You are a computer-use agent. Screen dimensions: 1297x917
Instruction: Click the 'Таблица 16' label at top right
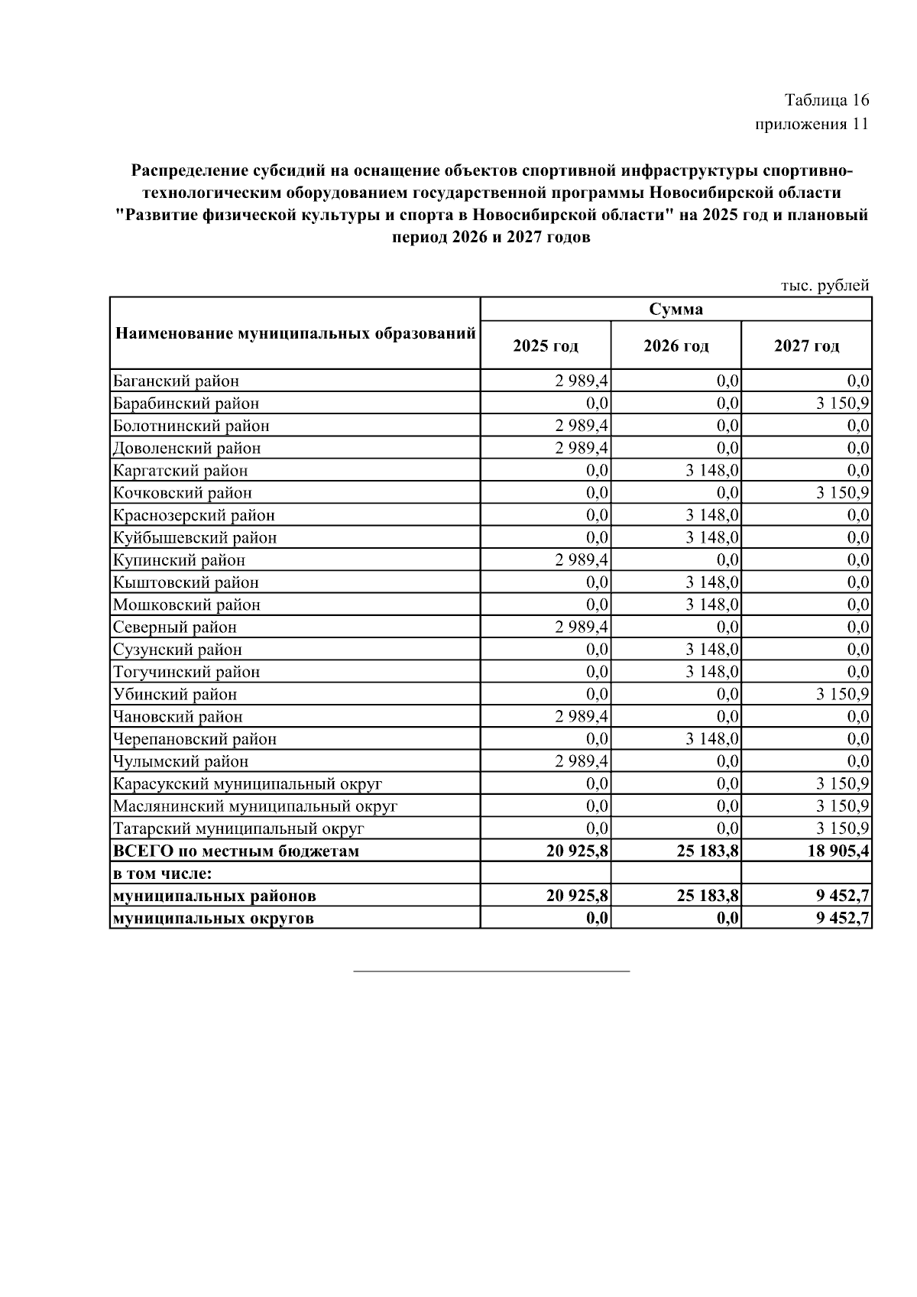coord(826,100)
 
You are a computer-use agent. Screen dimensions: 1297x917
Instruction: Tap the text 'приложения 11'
coord(812,125)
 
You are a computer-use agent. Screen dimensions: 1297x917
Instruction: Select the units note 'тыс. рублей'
coord(825,286)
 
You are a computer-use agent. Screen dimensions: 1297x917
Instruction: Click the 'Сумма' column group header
coord(676,309)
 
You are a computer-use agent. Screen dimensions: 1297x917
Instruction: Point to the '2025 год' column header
coord(545,346)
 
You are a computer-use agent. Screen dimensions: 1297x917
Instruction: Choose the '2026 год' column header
coord(676,346)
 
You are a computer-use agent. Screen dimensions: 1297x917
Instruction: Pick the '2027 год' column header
coord(806,346)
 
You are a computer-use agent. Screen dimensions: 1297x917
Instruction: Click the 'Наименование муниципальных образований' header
coord(295,333)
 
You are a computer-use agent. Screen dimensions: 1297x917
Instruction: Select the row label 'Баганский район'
coord(176,381)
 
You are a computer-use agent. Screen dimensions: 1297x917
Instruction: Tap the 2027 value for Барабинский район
coord(843,403)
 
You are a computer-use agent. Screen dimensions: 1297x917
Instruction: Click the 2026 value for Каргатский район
coord(712,470)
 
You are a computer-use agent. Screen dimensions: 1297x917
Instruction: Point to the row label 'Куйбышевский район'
coord(195,537)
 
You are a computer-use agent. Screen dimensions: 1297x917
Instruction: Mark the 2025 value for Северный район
coord(582,627)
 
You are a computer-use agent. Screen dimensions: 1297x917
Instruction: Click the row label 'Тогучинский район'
coord(186,672)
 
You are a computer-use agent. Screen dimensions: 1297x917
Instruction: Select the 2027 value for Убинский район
coord(843,694)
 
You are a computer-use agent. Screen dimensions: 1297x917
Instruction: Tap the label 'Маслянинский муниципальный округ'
coord(255,806)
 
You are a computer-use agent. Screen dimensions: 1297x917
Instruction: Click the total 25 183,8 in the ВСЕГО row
coord(708,851)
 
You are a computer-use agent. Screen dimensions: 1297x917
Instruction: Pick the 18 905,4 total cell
coord(838,851)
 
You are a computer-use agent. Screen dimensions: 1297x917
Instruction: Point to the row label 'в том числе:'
coord(162,873)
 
